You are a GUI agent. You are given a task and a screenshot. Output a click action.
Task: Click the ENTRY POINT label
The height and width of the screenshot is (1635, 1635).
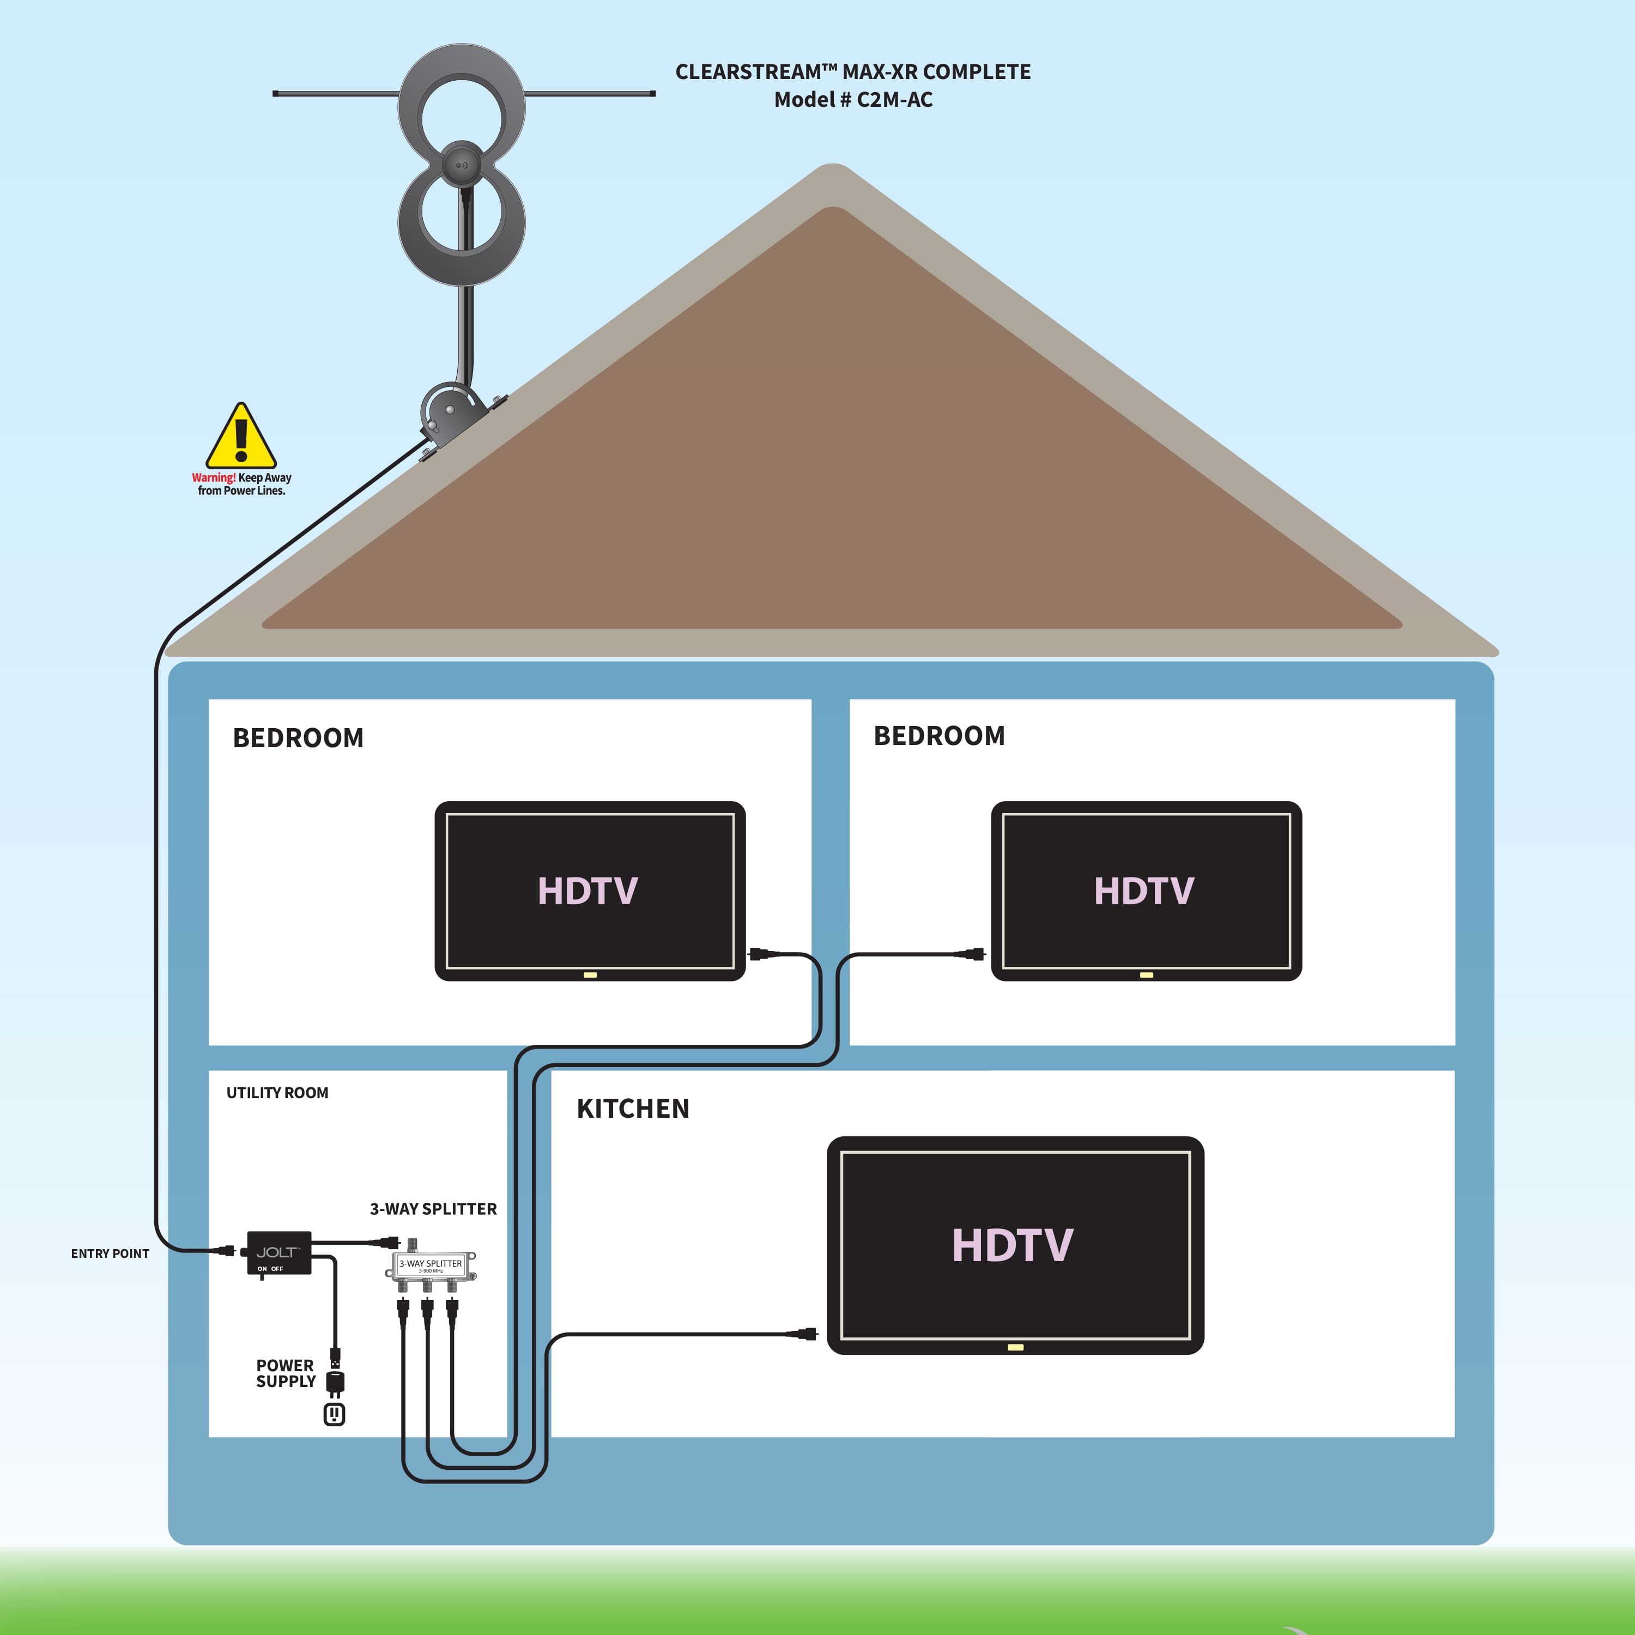(110, 1253)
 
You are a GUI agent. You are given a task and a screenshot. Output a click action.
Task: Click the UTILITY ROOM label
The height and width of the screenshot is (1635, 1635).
(277, 1093)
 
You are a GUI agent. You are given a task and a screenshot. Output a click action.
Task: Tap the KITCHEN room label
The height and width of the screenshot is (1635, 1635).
(633, 1109)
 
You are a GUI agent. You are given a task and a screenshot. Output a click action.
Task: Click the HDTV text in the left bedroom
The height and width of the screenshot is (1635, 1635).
(588, 891)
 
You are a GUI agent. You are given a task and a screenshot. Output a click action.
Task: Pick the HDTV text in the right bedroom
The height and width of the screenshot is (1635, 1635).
(1143, 891)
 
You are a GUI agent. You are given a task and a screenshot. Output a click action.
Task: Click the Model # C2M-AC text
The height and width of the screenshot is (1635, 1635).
(853, 100)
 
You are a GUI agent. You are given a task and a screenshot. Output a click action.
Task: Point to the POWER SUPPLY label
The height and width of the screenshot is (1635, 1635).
(285, 1373)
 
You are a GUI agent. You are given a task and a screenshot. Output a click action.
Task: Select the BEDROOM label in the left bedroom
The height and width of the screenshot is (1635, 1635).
(298, 738)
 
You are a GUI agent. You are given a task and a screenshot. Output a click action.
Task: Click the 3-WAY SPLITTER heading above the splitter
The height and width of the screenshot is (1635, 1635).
(433, 1208)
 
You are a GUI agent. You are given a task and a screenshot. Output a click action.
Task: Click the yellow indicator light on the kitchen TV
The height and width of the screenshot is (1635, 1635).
(1015, 1347)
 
